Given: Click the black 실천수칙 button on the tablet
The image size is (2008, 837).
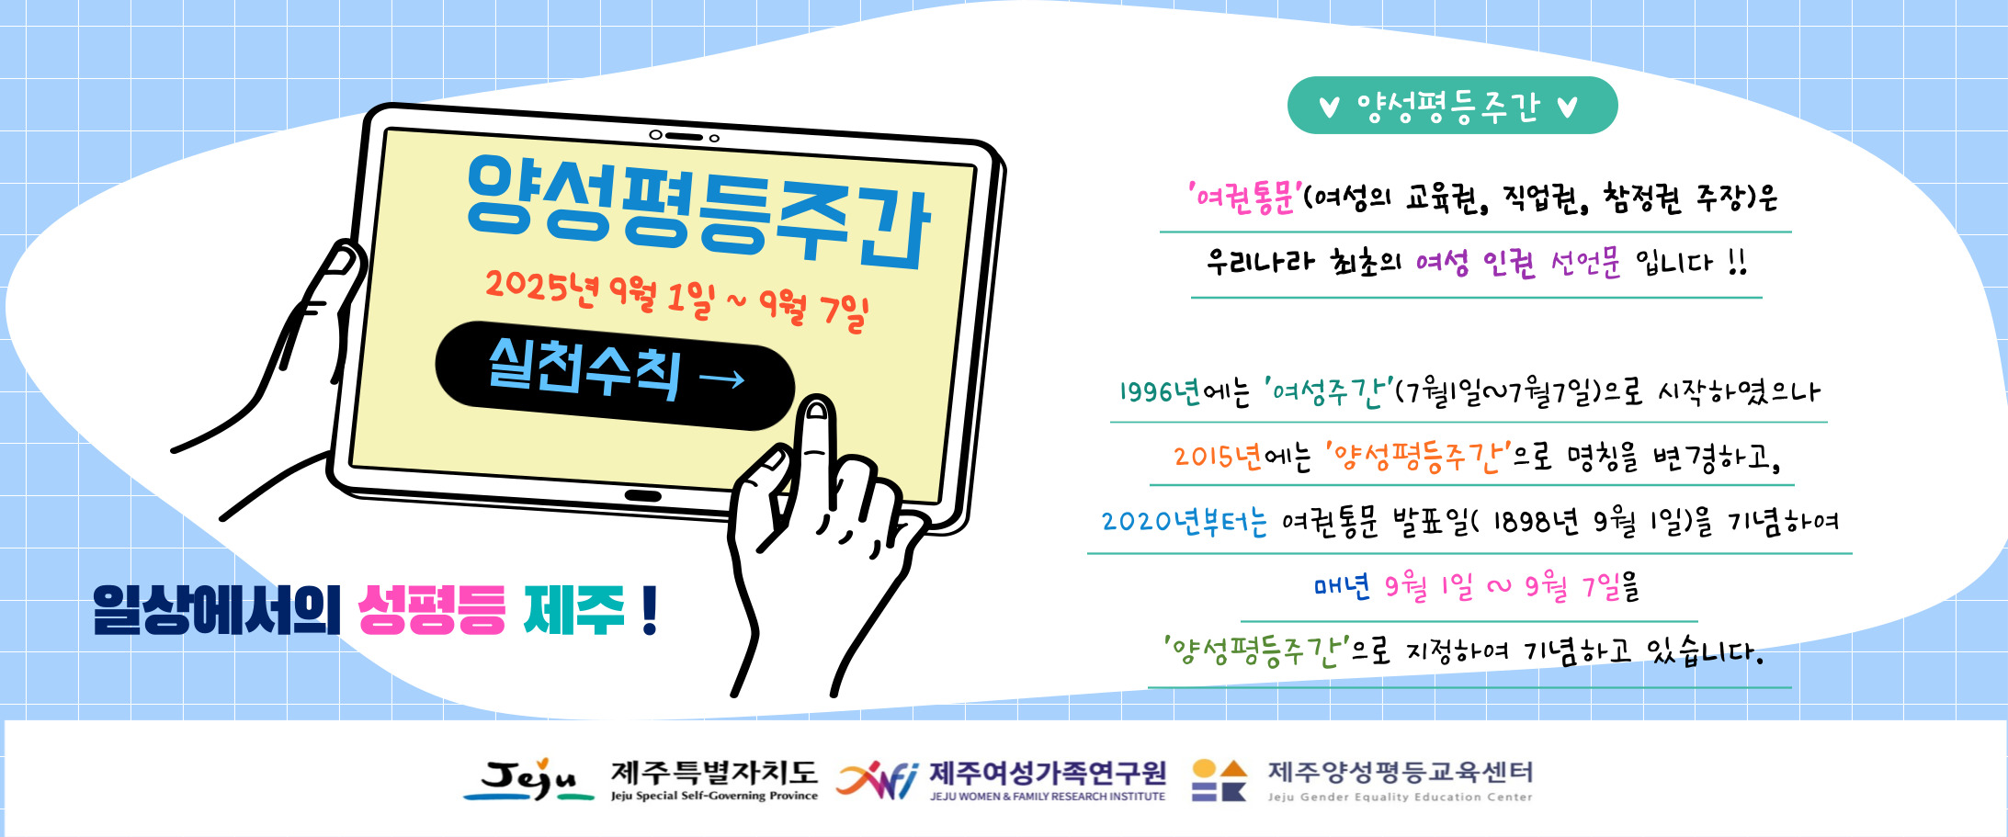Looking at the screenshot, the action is tap(615, 375).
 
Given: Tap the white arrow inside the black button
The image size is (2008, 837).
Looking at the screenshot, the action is tap(722, 379).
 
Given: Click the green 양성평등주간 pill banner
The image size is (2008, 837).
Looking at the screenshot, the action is tap(1452, 106).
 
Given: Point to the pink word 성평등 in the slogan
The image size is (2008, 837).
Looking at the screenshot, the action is tap(431, 610).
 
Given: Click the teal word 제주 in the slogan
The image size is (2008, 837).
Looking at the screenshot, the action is tap(574, 610).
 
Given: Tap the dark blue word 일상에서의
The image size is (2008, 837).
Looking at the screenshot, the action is tap(217, 610).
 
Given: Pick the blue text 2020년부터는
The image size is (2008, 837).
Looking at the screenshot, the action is tap(1185, 522).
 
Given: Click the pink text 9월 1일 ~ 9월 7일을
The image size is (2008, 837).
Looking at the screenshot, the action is tap(1512, 586).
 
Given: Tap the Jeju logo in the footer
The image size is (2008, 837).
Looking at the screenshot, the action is tap(528, 780).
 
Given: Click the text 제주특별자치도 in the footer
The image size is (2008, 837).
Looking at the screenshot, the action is tap(714, 773).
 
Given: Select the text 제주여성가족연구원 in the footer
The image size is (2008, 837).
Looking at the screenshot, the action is tap(1048, 774).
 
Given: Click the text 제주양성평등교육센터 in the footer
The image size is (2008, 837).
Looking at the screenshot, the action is tap(1401, 772).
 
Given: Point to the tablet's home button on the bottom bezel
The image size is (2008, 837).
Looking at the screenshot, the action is tap(642, 496).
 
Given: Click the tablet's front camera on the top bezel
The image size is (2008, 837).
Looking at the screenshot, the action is tap(714, 139).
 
